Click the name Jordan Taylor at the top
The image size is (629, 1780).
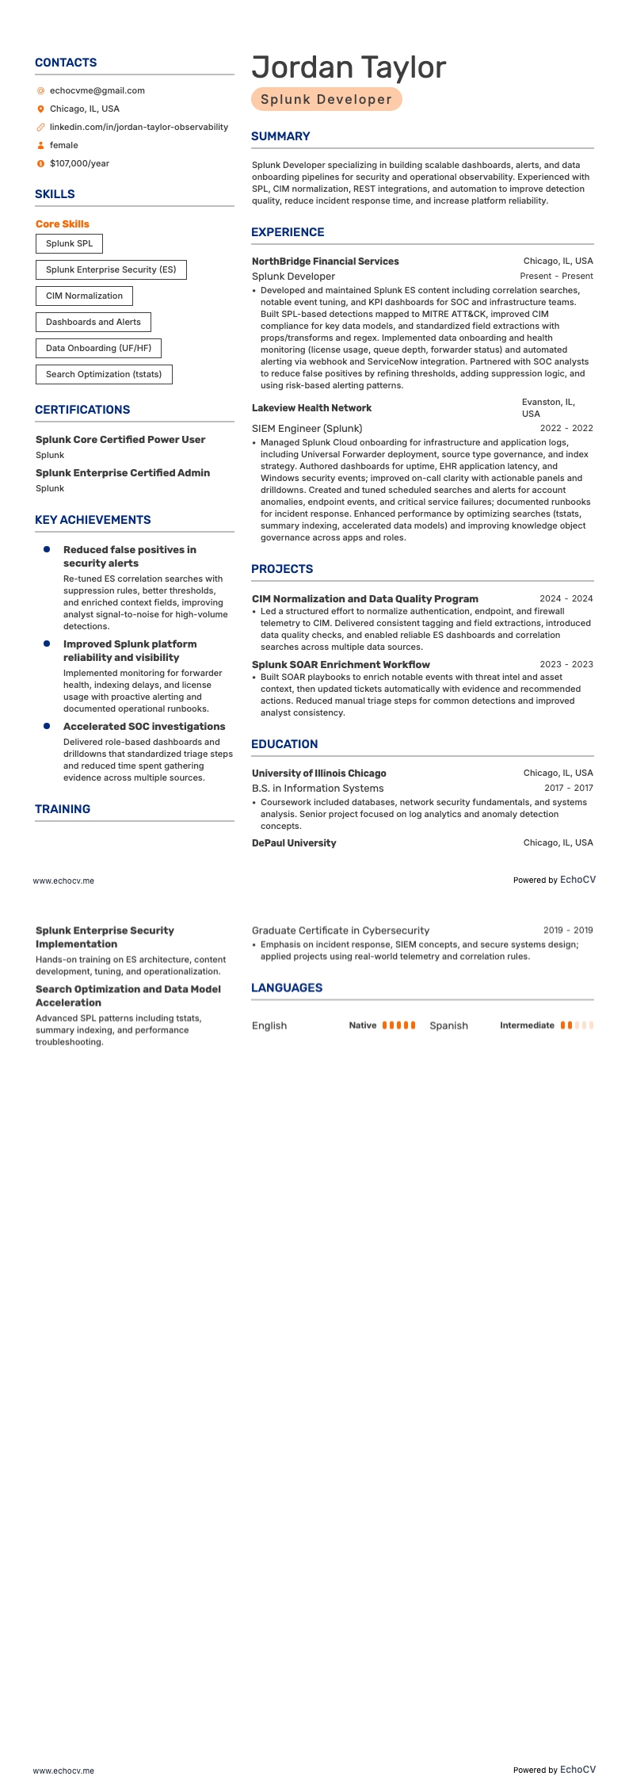349,68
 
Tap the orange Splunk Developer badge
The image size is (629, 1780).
326,99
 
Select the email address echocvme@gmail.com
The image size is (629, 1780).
97,90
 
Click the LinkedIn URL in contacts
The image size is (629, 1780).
139,127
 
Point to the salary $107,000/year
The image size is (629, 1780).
79,163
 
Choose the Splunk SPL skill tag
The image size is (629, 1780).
69,243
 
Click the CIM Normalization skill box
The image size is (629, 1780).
84,296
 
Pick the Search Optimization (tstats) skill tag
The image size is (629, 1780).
104,374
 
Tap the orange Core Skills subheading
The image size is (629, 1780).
63,224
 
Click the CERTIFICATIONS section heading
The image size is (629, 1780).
82,410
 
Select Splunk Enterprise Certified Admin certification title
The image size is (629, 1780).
123,473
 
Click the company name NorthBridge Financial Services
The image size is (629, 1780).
325,262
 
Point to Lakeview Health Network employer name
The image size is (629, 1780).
311,408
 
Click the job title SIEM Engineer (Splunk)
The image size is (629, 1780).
307,429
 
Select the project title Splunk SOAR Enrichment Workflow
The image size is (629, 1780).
341,665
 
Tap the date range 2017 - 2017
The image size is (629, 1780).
568,789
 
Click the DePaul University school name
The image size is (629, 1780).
294,843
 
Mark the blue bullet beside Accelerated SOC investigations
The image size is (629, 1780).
47,726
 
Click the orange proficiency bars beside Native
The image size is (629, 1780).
398,1026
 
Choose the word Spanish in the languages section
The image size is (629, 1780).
448,1026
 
